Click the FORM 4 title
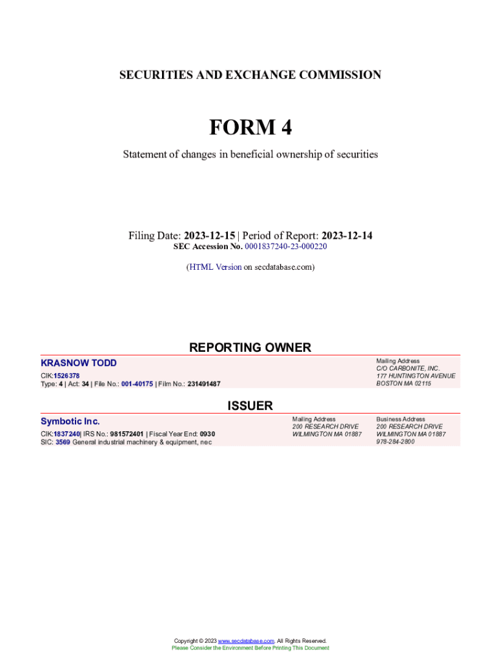(x=250, y=128)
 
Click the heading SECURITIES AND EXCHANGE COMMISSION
(x=250, y=75)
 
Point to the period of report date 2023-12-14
(x=347, y=236)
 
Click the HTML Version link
(x=215, y=267)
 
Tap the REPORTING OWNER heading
(x=250, y=347)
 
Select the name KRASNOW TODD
(x=79, y=363)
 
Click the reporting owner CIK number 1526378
(x=66, y=376)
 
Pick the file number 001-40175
(x=137, y=384)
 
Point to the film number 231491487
(x=203, y=384)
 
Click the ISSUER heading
(x=250, y=406)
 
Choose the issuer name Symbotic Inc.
(x=70, y=422)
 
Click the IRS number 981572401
(x=127, y=434)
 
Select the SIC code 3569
(x=63, y=442)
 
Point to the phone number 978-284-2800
(x=396, y=442)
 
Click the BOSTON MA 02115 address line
(x=403, y=384)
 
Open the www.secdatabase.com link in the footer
(x=246, y=641)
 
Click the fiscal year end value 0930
(x=207, y=434)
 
